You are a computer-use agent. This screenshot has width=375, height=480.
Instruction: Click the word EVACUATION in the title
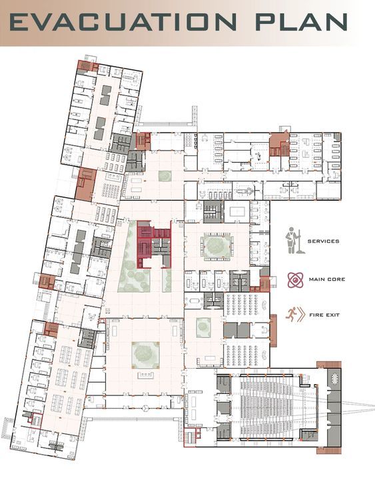click(123, 22)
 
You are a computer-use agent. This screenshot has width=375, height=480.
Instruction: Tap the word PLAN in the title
click(302, 22)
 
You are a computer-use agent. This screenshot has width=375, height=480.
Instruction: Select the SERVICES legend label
click(323, 241)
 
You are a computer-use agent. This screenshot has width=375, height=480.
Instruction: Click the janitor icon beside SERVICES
click(293, 241)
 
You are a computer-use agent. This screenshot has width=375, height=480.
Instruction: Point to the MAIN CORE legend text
click(327, 279)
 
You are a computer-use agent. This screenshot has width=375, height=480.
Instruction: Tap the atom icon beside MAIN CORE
click(295, 280)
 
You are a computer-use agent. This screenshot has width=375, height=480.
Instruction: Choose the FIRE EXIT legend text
click(324, 315)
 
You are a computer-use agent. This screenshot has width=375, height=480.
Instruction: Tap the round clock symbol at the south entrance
click(146, 407)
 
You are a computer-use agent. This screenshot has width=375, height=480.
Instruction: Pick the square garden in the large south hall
click(146, 355)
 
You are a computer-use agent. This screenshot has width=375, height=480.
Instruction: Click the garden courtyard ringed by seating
click(217, 245)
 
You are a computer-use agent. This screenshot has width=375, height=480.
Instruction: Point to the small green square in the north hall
click(165, 176)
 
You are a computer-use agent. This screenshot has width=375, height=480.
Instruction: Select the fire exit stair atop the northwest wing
click(87, 66)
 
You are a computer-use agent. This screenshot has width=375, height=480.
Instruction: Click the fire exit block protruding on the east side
click(273, 331)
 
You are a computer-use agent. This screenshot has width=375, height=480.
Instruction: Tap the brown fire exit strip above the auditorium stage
click(329, 365)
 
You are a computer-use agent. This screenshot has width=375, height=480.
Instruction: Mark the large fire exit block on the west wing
click(85, 185)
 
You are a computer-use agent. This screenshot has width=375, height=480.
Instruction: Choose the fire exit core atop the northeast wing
click(280, 144)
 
